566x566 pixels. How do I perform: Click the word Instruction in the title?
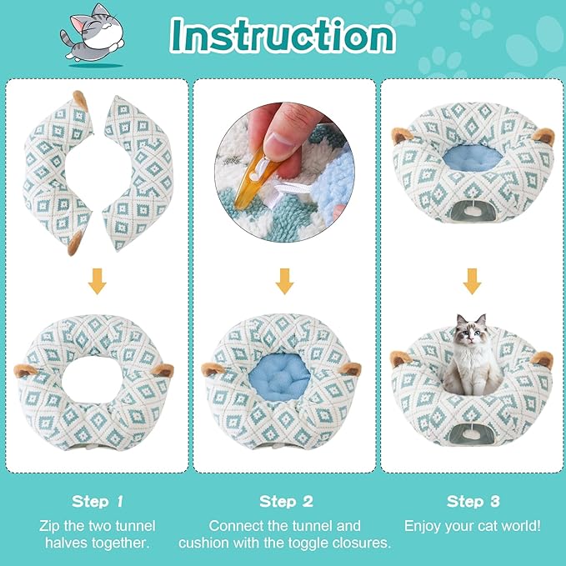(282, 35)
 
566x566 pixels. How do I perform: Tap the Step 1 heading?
(97, 501)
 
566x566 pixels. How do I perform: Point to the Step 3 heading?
(472, 501)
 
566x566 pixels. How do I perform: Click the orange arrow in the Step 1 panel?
(97, 283)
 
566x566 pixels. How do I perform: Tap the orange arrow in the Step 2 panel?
(285, 283)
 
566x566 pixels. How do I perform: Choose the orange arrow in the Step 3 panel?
(473, 283)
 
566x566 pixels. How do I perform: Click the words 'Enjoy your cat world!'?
(472, 526)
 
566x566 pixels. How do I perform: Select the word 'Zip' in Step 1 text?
(50, 526)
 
